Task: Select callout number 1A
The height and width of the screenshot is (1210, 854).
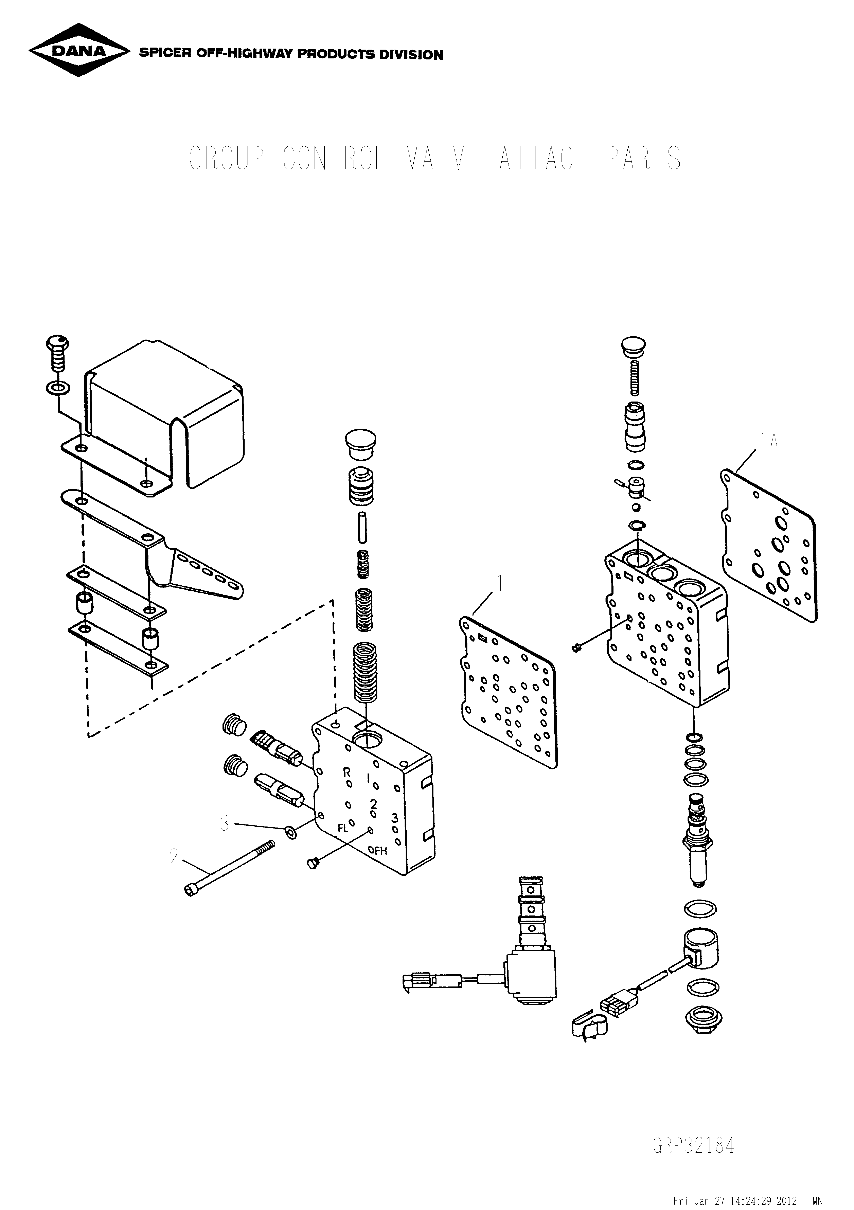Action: point(769,441)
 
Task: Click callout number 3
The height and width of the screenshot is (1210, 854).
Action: point(225,823)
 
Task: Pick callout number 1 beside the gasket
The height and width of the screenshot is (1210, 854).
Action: point(499,584)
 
